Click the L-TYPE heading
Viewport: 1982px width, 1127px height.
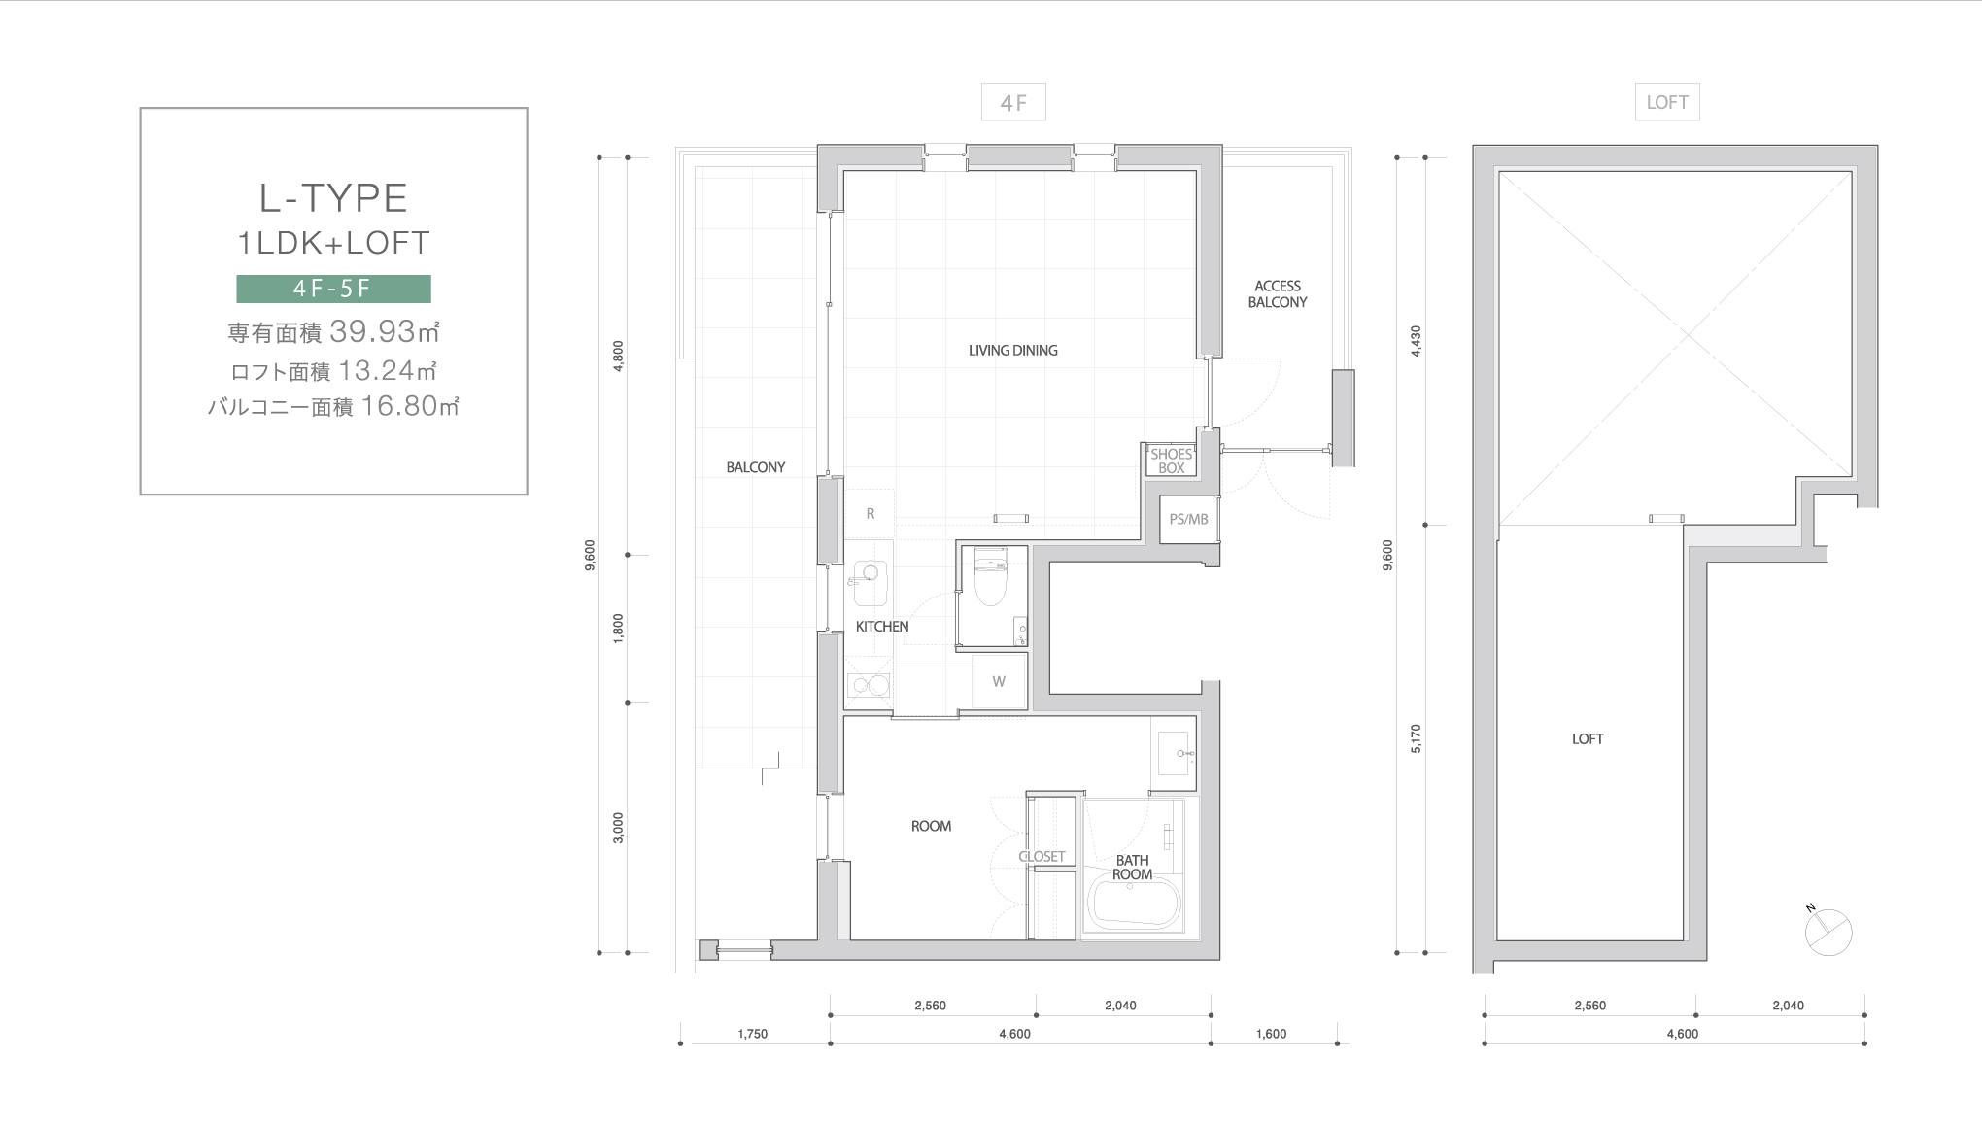click(x=333, y=198)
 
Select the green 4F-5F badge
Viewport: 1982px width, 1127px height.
click(x=333, y=289)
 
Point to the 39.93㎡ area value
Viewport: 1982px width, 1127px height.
click(x=385, y=331)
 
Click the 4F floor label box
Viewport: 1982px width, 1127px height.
click(x=1013, y=102)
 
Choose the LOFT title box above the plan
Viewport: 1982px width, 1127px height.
click(x=1667, y=102)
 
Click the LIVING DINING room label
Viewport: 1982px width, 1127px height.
click(x=1012, y=350)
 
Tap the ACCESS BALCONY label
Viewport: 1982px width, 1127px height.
click(x=1278, y=293)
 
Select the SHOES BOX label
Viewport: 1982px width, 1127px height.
click(x=1171, y=461)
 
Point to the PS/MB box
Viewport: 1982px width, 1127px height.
click(x=1188, y=519)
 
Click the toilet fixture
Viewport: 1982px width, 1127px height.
click(x=990, y=576)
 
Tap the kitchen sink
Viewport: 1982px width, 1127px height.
click(x=870, y=582)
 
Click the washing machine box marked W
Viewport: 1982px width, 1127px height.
click(x=999, y=681)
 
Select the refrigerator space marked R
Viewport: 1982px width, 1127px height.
click(x=871, y=513)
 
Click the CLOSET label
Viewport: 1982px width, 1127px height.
click(x=1042, y=856)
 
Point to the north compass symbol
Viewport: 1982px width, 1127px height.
click(x=1828, y=931)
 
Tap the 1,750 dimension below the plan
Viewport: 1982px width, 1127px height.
click(x=752, y=1034)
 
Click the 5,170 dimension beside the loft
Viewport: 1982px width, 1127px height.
click(x=1415, y=738)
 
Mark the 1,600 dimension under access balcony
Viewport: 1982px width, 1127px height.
click(x=1271, y=1034)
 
